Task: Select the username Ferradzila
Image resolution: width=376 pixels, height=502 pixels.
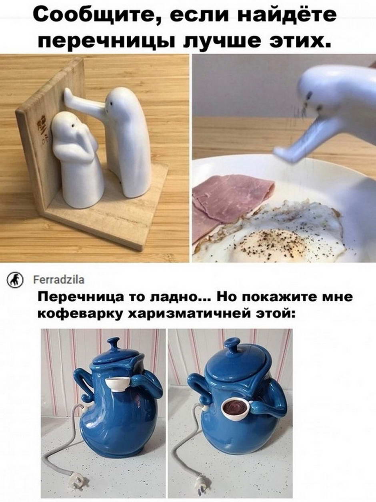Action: click(59, 280)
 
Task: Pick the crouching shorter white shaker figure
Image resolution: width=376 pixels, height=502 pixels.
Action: click(77, 160)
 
